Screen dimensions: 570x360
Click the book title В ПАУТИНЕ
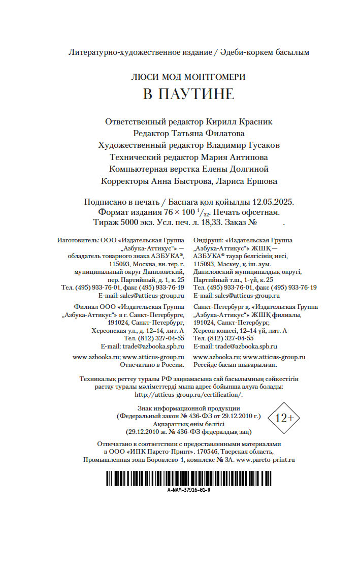(188, 94)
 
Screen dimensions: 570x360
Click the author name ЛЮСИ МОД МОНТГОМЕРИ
(188, 77)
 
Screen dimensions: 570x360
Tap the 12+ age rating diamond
(284, 418)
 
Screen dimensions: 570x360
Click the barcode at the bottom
(188, 479)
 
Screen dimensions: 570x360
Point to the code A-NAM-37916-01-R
(188, 490)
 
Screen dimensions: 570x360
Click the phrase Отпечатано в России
(152, 365)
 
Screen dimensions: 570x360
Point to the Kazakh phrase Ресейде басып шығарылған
(235, 365)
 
